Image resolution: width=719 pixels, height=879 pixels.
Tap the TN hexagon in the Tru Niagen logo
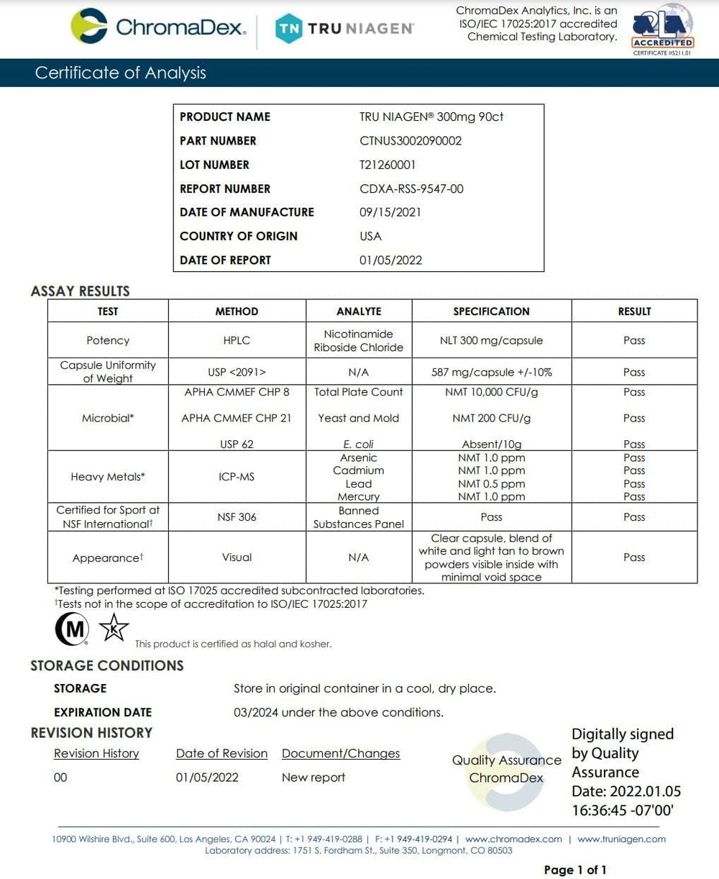pyautogui.click(x=289, y=29)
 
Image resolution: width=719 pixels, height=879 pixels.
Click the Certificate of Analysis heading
pyautogui.click(x=120, y=73)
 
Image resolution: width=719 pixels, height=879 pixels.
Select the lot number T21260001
pyautogui.click(x=388, y=165)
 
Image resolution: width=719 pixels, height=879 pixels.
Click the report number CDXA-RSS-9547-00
pyautogui.click(x=411, y=188)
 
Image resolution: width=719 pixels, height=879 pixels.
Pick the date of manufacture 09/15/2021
pyautogui.click(x=390, y=212)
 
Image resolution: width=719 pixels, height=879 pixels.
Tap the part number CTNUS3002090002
pyautogui.click(x=411, y=140)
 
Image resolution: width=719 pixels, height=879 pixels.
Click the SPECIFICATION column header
pyautogui.click(x=491, y=311)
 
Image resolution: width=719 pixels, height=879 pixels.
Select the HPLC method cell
pyautogui.click(x=237, y=340)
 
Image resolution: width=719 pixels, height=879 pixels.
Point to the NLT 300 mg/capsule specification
pyautogui.click(x=491, y=340)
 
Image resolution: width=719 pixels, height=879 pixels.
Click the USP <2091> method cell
pyautogui.click(x=237, y=372)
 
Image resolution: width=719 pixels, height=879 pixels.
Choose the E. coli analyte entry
pyautogui.click(x=359, y=445)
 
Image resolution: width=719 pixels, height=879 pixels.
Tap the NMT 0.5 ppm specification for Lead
pyautogui.click(x=491, y=483)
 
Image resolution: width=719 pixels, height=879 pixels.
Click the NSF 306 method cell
pyautogui.click(x=237, y=516)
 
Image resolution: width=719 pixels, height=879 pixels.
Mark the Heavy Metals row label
pyautogui.click(x=107, y=477)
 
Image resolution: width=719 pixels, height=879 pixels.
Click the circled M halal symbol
pyautogui.click(x=72, y=629)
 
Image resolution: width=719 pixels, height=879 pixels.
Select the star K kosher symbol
pyautogui.click(x=114, y=629)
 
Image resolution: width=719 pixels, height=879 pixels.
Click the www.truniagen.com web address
pyautogui.click(x=621, y=839)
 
